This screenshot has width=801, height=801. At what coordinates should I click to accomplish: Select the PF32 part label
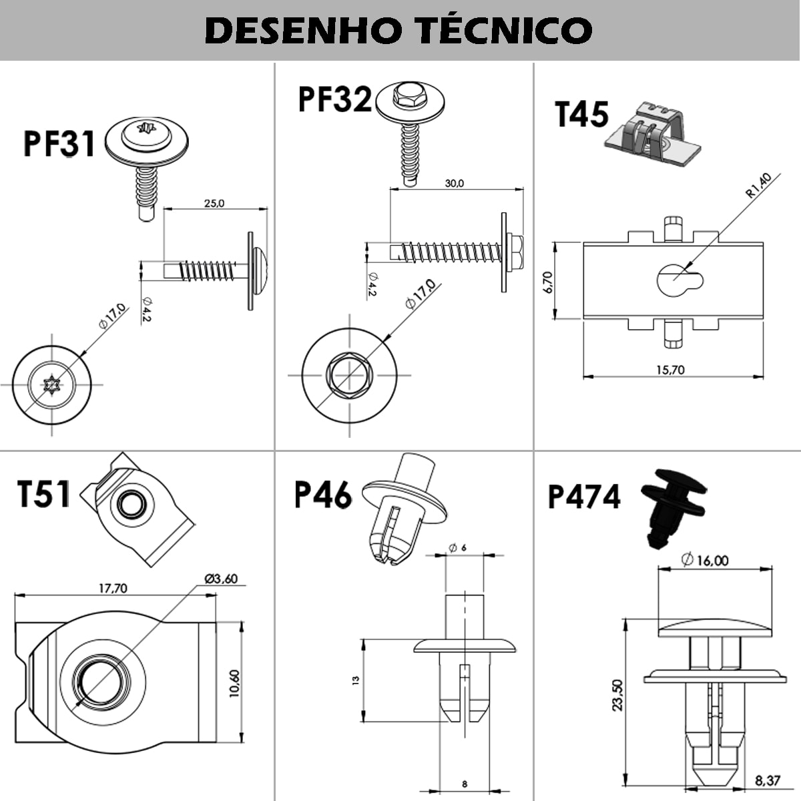[x=334, y=99]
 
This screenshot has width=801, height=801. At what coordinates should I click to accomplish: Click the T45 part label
[x=582, y=114]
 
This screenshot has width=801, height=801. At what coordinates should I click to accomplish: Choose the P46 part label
[x=323, y=495]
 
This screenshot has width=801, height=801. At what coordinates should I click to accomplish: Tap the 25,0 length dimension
[x=214, y=203]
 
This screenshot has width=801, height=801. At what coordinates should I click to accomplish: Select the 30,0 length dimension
[x=454, y=183]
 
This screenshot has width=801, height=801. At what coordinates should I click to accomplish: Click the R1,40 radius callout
[x=759, y=186]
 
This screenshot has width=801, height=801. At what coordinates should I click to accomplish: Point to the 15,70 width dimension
[x=670, y=369]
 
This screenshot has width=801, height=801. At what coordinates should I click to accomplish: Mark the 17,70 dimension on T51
[x=113, y=588]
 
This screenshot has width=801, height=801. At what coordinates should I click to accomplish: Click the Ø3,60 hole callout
[x=221, y=579]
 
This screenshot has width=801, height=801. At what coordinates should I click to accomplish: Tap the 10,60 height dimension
[x=234, y=684]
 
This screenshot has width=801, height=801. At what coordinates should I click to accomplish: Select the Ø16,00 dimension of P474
[x=705, y=560]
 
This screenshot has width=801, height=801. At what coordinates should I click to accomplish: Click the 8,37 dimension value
[x=768, y=780]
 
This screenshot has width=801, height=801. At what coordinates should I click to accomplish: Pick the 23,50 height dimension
[x=617, y=695]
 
